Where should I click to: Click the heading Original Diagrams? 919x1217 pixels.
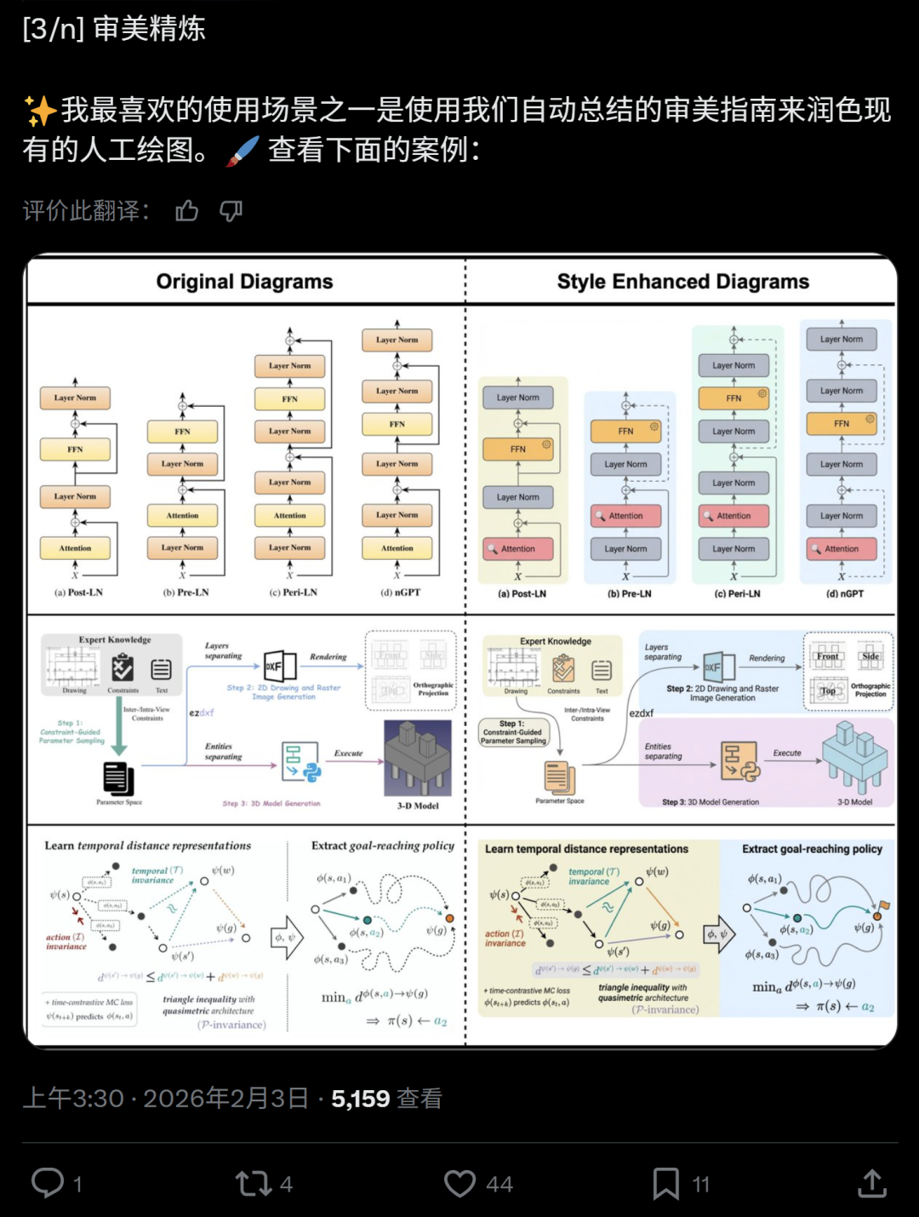pos(244,282)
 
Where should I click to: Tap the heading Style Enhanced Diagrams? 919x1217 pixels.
pos(682,282)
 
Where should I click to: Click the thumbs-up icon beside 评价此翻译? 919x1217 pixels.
pos(187,211)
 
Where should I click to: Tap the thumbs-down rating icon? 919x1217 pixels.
pos(231,211)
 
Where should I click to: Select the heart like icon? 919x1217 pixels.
pos(460,1184)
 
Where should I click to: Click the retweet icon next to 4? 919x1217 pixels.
pos(253,1184)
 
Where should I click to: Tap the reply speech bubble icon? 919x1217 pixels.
pos(48,1183)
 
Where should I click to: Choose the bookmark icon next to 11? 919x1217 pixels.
pos(665,1184)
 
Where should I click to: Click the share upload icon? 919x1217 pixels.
pos(872,1183)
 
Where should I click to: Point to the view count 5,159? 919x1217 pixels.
pos(360,1099)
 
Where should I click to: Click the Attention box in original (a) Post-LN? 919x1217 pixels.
pos(76,548)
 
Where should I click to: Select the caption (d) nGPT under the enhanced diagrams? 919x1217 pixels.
pos(844,593)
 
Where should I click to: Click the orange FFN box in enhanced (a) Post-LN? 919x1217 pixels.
pos(518,449)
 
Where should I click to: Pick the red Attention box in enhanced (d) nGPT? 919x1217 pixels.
pos(842,549)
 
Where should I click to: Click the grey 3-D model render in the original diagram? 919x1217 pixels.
pos(418,757)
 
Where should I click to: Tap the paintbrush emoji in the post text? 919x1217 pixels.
pos(243,151)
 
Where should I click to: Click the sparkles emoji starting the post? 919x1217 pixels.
pos(40,111)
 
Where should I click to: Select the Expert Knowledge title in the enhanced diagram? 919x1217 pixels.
pos(556,641)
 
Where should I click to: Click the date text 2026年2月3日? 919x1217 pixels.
pos(225,1099)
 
